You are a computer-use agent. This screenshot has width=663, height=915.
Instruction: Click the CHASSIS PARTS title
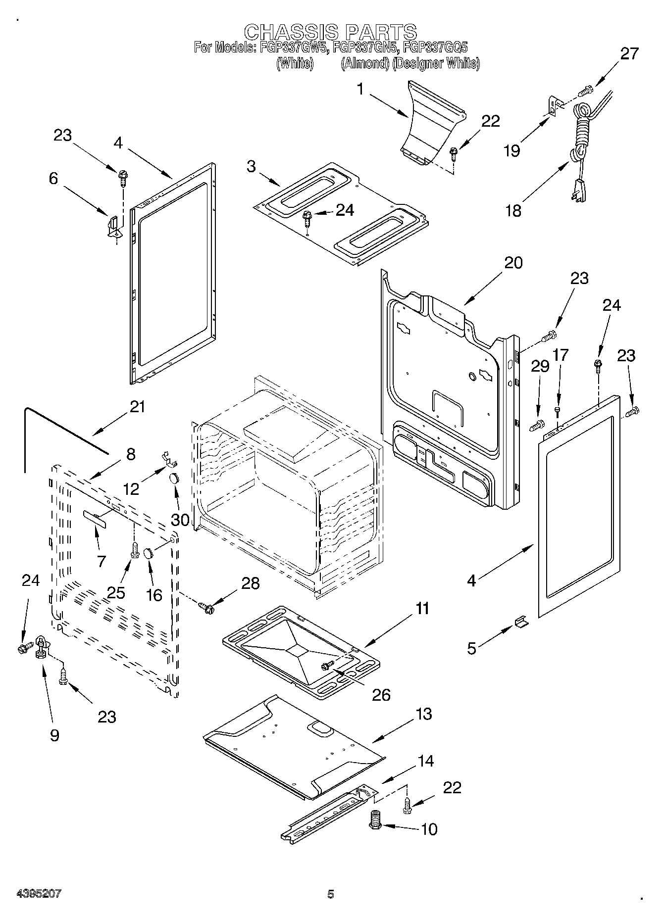point(331,32)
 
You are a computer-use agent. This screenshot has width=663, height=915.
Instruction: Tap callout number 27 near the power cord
point(629,53)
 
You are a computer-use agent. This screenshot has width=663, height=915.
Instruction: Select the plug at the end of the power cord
point(579,191)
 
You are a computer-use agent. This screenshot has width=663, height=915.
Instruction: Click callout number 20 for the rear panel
point(513,262)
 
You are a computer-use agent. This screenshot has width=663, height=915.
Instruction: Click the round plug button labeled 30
point(174,479)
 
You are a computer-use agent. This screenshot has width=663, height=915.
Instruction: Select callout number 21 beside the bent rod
point(137,407)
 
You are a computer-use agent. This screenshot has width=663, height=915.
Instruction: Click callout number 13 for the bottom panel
point(424,714)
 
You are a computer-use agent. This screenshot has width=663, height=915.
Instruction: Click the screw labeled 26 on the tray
point(327,666)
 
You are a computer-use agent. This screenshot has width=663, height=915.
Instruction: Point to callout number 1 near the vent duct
point(360,89)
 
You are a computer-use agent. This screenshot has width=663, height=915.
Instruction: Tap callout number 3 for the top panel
point(252,167)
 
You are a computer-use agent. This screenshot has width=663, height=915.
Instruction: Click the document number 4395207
point(39,894)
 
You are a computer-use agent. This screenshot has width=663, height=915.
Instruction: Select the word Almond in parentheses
point(364,64)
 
